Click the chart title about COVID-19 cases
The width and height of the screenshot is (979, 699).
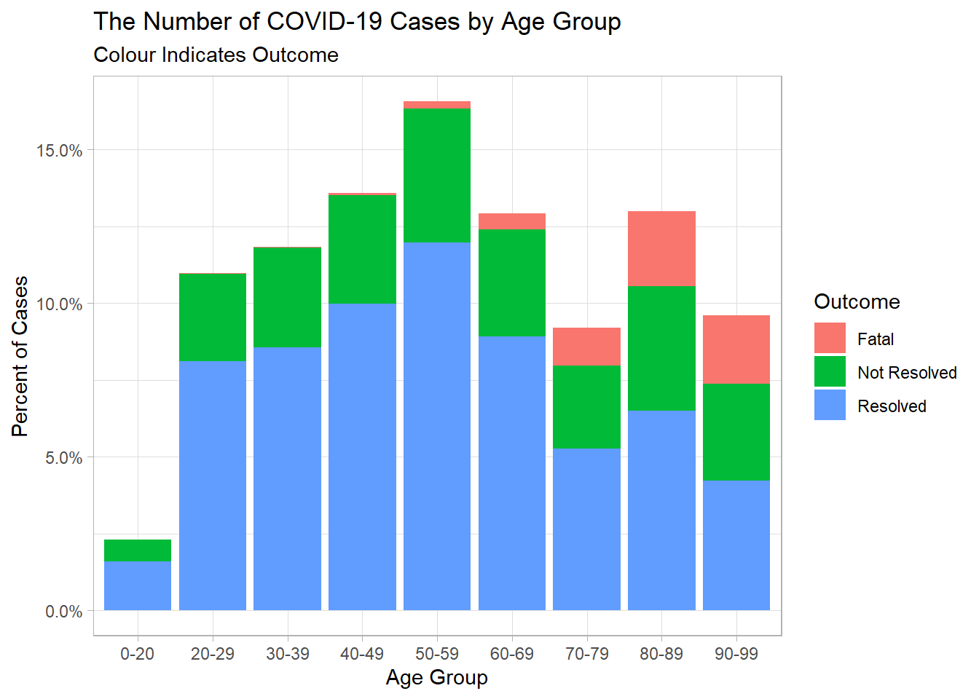357,22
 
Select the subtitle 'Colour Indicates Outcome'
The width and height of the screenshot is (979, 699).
216,55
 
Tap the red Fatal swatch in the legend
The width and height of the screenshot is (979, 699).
830,337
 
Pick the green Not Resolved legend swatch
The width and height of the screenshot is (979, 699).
830,371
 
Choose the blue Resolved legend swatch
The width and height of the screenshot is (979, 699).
830,405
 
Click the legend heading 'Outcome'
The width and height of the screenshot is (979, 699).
857,302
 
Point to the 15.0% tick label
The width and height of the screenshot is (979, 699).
59,151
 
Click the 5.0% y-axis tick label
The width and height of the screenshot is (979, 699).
63,458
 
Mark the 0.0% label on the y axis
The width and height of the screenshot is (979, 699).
63,612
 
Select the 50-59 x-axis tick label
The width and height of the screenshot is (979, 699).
437,654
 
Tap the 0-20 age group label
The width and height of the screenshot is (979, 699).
137,654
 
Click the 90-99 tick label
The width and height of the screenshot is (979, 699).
736,654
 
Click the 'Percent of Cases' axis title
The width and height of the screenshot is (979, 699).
20,356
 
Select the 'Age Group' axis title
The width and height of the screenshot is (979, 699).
436,678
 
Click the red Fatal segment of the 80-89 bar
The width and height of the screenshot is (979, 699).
661,248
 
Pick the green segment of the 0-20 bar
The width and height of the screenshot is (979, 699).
138,550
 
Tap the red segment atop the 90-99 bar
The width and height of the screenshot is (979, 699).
736,349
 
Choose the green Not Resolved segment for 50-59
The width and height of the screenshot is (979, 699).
437,175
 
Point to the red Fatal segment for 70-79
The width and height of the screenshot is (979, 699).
586,347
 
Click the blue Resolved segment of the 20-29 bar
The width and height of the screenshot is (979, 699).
213,486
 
